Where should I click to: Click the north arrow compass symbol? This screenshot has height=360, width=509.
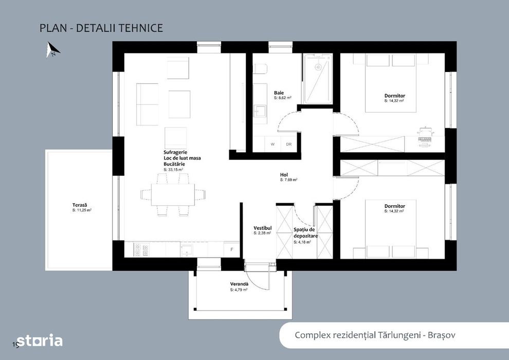tap(53, 49)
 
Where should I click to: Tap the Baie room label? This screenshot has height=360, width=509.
tap(279, 93)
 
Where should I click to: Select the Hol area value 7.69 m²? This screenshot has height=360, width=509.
tap(289, 180)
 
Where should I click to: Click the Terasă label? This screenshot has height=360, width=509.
tap(80, 205)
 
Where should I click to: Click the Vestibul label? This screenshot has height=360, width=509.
tap(263, 228)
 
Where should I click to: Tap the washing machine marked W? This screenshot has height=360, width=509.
tap(272, 144)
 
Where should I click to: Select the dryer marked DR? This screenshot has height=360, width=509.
tap(288, 144)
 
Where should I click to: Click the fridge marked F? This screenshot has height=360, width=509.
tap(232, 249)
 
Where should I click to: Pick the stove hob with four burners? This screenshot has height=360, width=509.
tap(141, 249)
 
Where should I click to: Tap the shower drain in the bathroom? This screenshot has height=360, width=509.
tap(318, 67)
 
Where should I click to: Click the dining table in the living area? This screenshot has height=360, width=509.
tap(173, 194)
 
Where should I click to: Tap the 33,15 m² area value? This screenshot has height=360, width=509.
tap(173, 169)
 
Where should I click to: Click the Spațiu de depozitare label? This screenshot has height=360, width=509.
tap(305, 233)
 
